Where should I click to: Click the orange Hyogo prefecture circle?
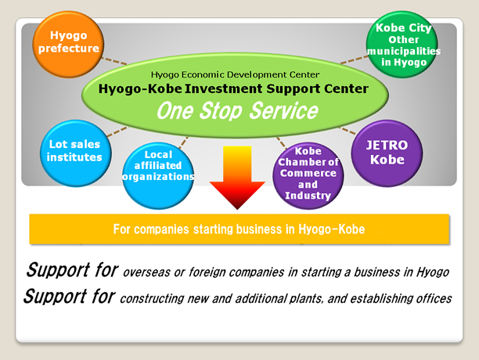68,44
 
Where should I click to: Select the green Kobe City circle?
402,44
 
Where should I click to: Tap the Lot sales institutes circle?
75,153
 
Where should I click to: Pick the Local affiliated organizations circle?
158,175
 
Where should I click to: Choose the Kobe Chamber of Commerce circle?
308,175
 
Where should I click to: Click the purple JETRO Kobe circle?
387,153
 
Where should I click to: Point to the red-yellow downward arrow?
237,178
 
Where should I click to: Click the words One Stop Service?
237,110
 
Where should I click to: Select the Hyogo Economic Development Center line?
236,74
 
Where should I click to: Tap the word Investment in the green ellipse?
223,89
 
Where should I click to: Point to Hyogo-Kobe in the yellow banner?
331,229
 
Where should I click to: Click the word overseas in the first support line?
146,272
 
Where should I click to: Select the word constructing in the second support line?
152,299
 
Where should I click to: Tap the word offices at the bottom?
434,298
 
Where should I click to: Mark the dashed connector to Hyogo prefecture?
114,61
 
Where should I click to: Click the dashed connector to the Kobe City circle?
355,59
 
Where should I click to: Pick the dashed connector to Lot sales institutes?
117,131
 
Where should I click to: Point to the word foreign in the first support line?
206,272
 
